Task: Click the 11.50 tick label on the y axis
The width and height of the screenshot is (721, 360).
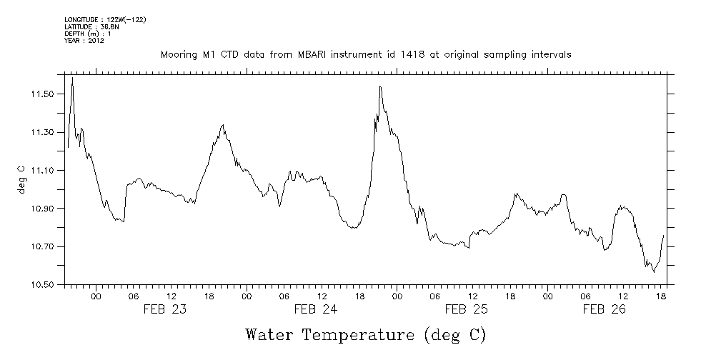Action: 41,94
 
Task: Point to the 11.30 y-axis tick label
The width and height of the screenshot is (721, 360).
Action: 41,132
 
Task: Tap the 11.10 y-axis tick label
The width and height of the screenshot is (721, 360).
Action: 41,171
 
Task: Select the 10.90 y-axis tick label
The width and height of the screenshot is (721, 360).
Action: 41,209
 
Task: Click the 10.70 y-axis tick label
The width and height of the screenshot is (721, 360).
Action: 41,246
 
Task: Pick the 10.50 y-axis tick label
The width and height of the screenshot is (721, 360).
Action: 41,285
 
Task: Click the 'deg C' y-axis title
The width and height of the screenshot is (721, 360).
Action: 21,179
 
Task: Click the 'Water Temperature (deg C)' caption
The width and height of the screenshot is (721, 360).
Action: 365,334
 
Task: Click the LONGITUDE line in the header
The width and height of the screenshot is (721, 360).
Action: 105,19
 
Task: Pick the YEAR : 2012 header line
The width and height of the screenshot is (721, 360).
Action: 84,41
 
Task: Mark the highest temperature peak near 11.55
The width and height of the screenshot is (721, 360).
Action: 72,78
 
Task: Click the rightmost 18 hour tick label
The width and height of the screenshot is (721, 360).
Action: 662,296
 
